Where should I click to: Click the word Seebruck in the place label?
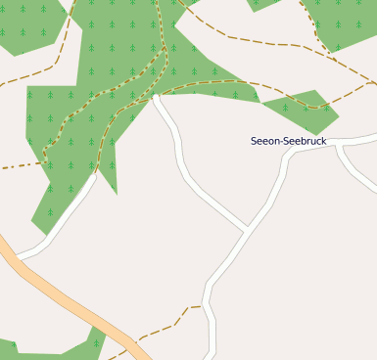[305, 141]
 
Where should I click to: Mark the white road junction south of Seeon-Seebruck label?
[246, 231]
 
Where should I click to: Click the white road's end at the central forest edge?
[156, 97]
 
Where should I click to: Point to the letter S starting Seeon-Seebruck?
[255, 141]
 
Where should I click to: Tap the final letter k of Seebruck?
[323, 141]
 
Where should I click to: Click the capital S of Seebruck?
[286, 141]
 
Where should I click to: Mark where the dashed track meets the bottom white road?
[205, 306]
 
